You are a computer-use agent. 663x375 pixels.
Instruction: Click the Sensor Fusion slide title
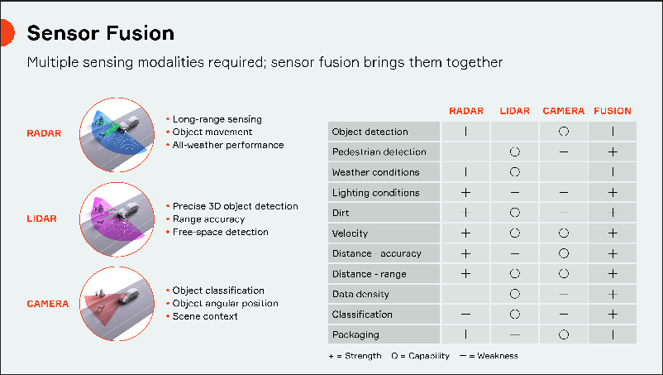(101, 33)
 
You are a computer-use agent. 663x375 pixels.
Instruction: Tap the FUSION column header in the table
(612, 111)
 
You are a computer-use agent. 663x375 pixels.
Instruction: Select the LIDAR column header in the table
(514, 111)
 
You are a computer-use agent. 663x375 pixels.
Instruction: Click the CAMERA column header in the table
(563, 111)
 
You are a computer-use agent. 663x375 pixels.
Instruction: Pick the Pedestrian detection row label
(379, 152)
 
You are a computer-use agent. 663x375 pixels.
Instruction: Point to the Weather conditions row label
(375, 172)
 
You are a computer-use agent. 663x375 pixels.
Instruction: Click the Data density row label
(360, 294)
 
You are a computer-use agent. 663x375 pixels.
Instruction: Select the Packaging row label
(355, 334)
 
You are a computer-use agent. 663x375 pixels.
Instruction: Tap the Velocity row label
(350, 233)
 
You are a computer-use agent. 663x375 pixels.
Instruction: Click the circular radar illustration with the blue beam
(117, 132)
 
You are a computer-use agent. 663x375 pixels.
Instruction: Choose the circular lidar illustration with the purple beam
(117, 218)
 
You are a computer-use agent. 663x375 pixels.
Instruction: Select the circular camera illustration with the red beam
(117, 303)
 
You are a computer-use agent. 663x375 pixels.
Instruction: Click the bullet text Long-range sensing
(217, 119)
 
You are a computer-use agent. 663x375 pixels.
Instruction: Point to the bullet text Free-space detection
(221, 232)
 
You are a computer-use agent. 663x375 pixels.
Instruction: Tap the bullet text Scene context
(205, 315)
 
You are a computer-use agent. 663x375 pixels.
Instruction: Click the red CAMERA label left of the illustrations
(48, 304)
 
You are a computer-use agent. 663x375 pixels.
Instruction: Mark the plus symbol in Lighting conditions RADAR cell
(465, 193)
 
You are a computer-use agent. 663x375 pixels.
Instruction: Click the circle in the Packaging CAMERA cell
(563, 334)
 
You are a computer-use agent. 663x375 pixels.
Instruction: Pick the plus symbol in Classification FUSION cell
(613, 315)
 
